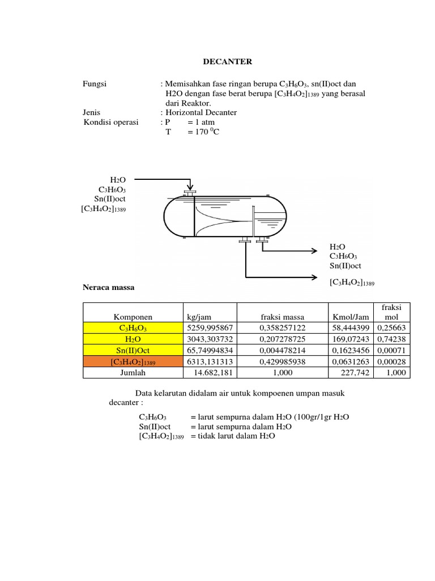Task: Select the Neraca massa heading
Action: (x=109, y=288)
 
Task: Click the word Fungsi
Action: (x=95, y=84)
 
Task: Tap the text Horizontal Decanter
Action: (x=201, y=112)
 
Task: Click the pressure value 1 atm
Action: (x=201, y=122)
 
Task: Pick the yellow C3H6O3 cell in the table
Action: (x=130, y=328)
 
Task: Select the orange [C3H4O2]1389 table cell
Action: (x=130, y=361)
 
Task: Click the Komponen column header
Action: (x=133, y=317)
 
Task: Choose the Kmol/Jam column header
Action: (x=349, y=317)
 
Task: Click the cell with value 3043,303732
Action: (x=209, y=339)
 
